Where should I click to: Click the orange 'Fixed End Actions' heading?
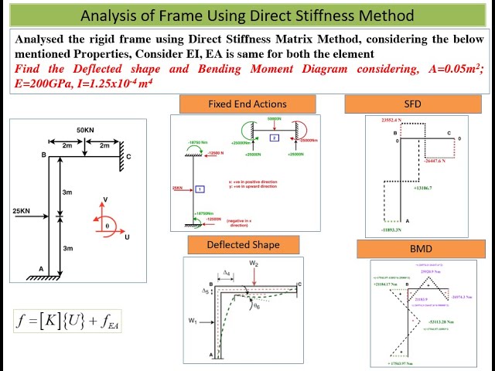(247, 104)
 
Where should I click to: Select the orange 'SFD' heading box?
(412, 104)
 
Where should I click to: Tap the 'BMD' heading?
(421, 250)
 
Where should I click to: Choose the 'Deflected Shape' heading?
(243, 245)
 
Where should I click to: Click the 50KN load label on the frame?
(86, 128)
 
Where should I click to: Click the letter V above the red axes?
(106, 200)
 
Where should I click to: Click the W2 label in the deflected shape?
(254, 264)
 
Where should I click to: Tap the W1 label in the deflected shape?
(193, 320)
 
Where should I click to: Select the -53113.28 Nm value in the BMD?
(442, 321)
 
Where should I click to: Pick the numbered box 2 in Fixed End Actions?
(274, 138)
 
